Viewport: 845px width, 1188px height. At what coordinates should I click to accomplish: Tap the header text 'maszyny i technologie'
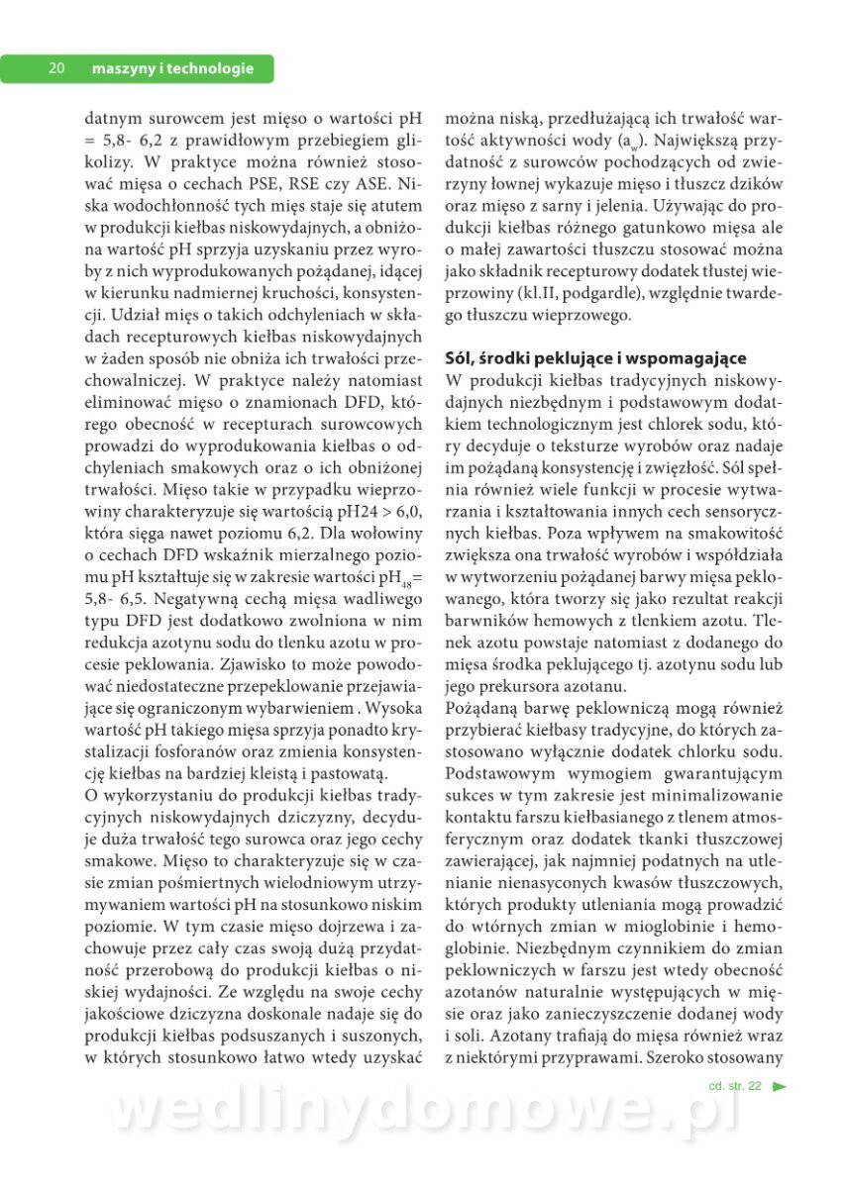171,68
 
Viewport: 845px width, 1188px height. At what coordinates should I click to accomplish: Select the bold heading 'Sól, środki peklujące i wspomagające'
595,358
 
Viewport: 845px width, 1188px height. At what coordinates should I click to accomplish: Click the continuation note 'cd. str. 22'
735,1086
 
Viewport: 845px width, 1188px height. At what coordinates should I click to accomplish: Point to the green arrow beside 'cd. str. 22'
780,1086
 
